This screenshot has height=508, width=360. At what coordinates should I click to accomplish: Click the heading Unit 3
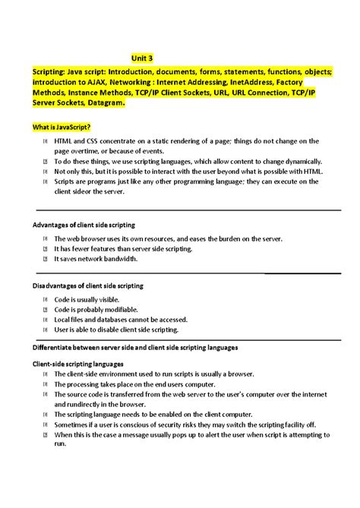click(142, 58)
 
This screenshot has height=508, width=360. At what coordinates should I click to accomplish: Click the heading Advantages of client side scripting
click(84, 226)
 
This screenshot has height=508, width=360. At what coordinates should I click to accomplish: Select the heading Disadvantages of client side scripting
click(88, 286)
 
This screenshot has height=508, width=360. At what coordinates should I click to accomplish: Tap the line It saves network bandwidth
click(95, 259)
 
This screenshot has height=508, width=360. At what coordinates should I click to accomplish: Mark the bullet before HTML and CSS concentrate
click(46, 141)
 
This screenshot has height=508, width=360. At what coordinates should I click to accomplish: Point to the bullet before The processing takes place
click(46, 384)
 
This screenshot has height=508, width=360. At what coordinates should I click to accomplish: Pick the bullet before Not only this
click(46, 172)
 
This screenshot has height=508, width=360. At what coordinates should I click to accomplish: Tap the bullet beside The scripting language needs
click(46, 415)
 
